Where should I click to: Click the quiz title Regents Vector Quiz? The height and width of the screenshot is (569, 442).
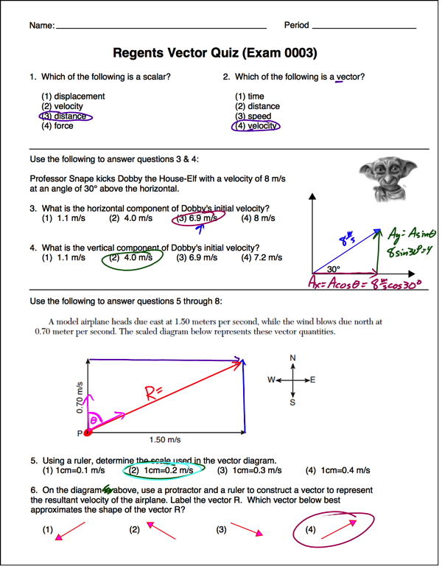[215, 53]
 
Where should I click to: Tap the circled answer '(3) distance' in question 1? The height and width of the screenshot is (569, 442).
[66, 116]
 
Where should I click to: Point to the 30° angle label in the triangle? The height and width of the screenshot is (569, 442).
[334, 270]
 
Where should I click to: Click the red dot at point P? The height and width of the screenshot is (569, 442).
[88, 433]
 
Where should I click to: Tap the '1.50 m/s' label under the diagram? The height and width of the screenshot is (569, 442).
[164, 440]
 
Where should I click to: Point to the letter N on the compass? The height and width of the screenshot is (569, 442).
[293, 359]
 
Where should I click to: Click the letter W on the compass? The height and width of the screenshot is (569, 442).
[271, 380]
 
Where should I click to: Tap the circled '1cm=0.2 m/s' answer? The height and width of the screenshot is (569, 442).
[161, 470]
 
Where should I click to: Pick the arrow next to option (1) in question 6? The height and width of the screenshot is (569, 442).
[71, 531]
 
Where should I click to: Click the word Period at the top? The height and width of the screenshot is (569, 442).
[296, 26]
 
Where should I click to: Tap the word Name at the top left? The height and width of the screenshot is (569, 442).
[41, 26]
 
